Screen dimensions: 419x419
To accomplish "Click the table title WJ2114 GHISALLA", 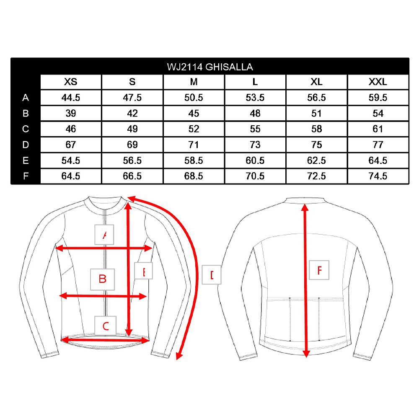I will [209, 67].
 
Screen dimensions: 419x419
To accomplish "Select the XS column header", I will [70, 82].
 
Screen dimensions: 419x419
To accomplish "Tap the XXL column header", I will [378, 82].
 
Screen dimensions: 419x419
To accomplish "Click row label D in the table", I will [26, 145].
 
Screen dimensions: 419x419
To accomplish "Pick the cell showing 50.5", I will [194, 98].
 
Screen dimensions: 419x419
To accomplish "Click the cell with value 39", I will [70, 114].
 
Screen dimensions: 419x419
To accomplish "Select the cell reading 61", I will [378, 129].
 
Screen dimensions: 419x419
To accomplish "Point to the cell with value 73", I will [255, 145].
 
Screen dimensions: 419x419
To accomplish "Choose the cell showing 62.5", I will [316, 160].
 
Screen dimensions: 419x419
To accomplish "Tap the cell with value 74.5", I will [378, 176].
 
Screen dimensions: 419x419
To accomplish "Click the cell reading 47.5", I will [132, 98].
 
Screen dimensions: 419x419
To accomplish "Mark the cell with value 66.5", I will [132, 176].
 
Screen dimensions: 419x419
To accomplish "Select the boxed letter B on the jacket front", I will [103, 279].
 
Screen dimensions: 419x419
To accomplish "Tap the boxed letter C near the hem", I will [105, 325].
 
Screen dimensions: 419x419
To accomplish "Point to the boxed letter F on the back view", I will [319, 270].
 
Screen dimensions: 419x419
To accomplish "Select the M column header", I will [194, 82].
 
